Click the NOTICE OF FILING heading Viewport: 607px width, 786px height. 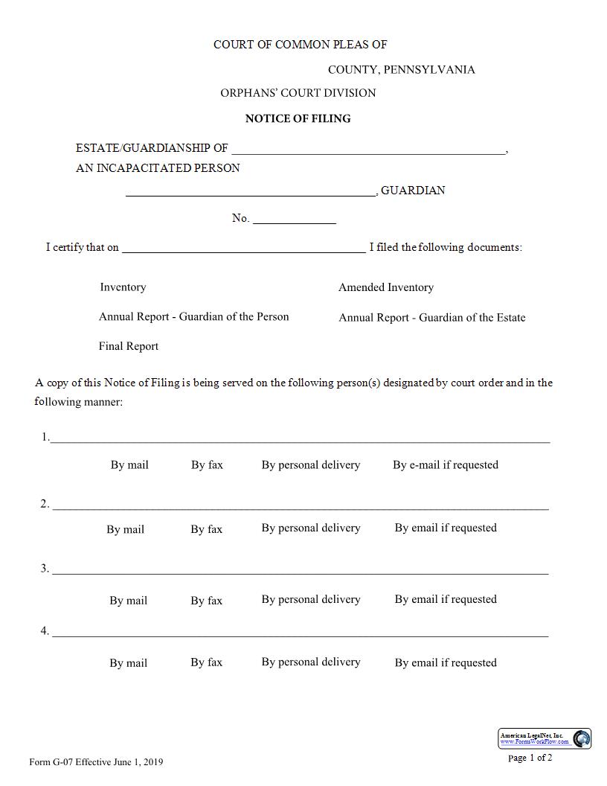[298, 118]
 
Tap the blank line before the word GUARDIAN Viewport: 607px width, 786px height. [251, 192]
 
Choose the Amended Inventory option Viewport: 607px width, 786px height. [385, 287]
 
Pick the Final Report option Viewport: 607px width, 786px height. [128, 346]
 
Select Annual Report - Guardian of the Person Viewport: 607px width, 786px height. [193, 316]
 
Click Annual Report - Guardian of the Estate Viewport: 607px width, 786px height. [431, 318]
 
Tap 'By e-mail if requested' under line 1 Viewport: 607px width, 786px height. [445, 465]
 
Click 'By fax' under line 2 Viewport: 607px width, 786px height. [206, 529]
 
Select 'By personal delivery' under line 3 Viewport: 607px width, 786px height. [310, 599]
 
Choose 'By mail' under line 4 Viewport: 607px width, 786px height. [128, 663]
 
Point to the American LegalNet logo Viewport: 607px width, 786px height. [545, 738]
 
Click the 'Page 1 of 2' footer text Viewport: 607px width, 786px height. [530, 758]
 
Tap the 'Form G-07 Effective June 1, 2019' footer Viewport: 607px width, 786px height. [96, 762]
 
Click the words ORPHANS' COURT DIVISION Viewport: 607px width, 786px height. [298, 93]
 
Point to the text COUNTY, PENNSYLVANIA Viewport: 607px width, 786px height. [401, 70]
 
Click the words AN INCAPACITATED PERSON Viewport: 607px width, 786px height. [158, 168]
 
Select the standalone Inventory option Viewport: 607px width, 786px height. [123, 287]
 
